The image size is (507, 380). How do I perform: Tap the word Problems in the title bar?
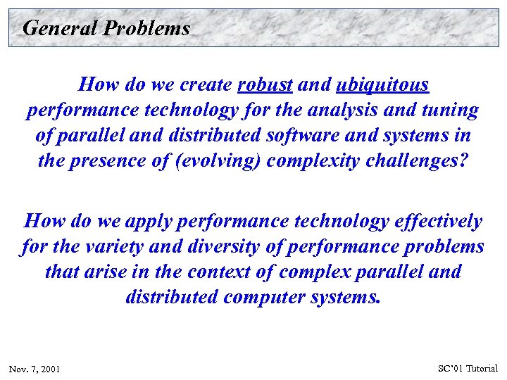[146, 28]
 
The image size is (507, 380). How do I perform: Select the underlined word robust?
[265, 85]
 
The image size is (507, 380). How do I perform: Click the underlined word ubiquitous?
[383, 85]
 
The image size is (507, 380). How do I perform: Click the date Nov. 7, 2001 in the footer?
[35, 369]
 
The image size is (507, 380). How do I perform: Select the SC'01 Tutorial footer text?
[468, 368]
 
